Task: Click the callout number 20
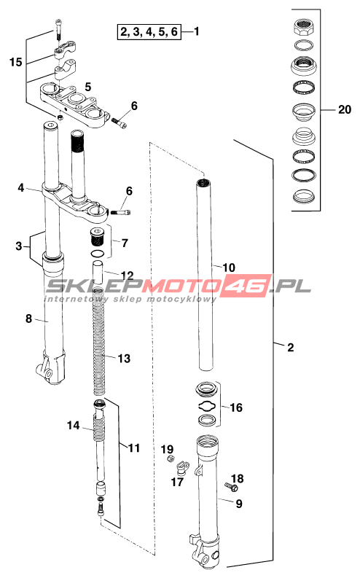(345, 109)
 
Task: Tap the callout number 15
(16, 62)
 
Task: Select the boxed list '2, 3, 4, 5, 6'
(149, 31)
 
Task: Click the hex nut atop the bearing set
(305, 27)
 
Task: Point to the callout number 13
(124, 359)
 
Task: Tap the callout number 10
(229, 267)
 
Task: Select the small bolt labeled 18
(232, 488)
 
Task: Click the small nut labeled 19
(171, 458)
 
